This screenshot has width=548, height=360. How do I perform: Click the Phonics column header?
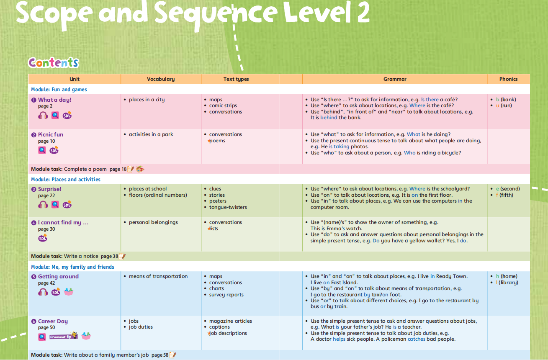[508, 79]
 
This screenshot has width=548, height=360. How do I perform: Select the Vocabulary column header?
[161, 79]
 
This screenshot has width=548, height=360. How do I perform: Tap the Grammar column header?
[395, 79]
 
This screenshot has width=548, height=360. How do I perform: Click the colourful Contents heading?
[53, 63]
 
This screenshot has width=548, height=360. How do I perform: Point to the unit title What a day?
[54, 100]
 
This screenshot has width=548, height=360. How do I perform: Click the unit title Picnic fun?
[50, 134]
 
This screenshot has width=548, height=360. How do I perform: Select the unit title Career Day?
[53, 321]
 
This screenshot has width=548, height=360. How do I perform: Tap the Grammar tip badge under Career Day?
[63, 336]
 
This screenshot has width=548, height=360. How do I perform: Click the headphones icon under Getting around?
[43, 292]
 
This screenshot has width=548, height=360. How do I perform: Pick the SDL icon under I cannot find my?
[43, 238]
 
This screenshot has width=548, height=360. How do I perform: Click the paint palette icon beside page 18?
[140, 169]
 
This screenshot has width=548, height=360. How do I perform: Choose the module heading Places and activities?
[66, 180]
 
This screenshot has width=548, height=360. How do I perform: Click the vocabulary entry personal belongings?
[153, 222]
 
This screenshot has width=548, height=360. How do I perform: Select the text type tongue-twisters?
[228, 207]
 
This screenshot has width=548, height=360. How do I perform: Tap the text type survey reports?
[226, 295]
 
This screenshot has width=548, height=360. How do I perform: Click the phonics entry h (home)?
[507, 276]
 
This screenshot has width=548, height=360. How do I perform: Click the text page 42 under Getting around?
[46, 283]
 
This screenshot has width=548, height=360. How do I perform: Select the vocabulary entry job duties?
[141, 327]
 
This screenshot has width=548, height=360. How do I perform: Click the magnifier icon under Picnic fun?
[42, 150]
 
